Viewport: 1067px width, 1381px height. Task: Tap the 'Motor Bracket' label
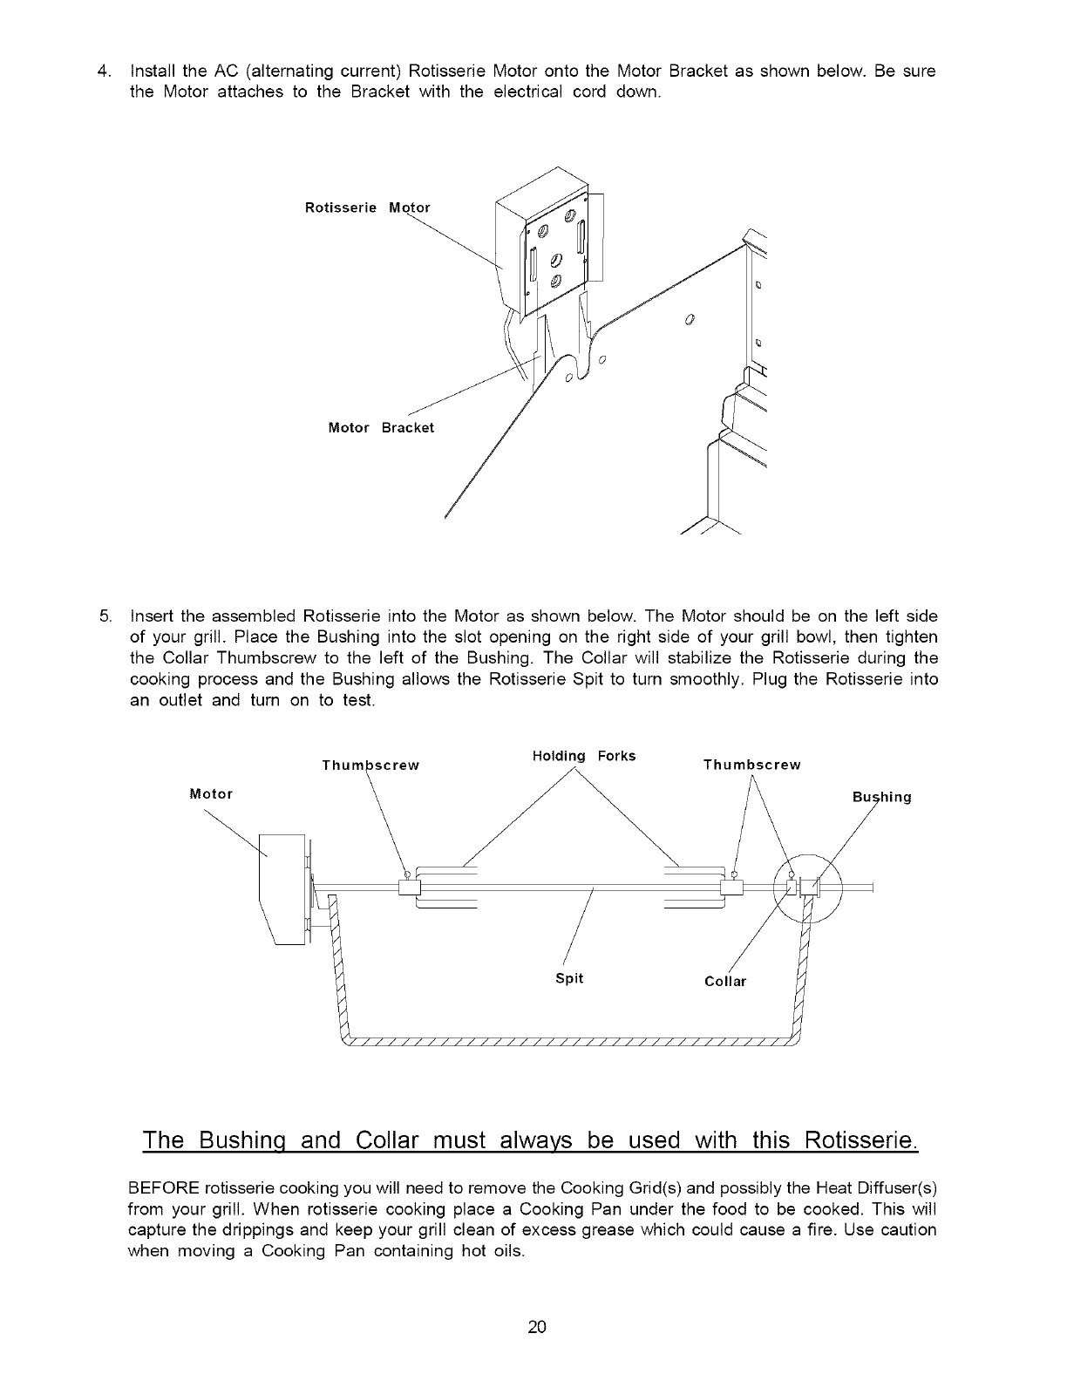[x=380, y=428]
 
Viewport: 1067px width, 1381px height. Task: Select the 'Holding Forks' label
[x=583, y=755]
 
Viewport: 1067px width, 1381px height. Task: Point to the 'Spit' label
[x=569, y=978]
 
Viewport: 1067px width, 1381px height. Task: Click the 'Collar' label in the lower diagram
[x=725, y=982]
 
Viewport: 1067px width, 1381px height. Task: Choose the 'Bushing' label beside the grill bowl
[x=881, y=797]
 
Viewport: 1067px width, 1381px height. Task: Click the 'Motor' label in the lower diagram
[x=211, y=793]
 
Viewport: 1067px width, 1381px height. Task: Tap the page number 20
[x=536, y=1327]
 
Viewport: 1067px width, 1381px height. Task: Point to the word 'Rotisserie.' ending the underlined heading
[x=860, y=1139]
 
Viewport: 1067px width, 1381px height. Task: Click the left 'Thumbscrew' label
[x=370, y=765]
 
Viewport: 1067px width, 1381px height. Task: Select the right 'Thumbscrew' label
[x=751, y=765]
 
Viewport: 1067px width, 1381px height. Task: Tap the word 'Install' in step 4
[x=153, y=71]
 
